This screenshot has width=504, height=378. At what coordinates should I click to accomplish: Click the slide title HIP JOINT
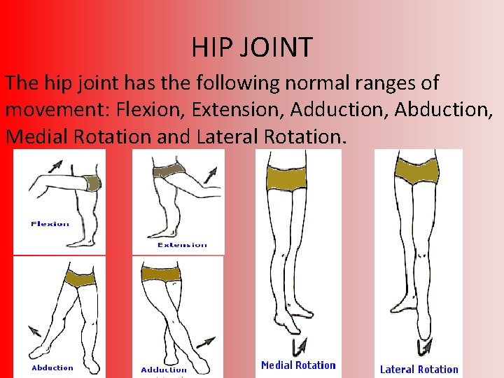252,48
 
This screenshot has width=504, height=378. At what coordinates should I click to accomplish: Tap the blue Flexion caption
50,224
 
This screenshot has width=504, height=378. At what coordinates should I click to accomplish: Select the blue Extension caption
182,245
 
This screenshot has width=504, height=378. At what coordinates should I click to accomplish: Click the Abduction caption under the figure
52,367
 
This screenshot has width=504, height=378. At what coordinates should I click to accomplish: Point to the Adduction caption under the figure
164,370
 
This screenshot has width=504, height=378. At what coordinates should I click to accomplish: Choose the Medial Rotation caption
298,365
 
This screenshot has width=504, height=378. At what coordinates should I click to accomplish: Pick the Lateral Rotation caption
419,369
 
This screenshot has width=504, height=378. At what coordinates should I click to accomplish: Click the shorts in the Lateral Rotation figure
417,171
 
